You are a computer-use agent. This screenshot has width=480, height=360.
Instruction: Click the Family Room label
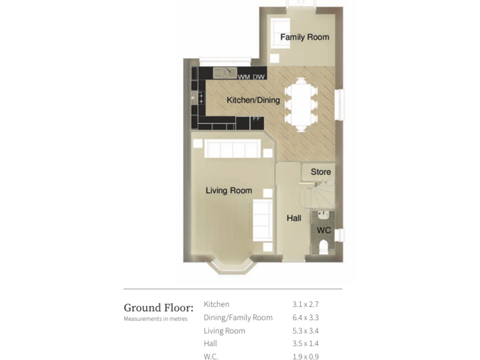(304, 37)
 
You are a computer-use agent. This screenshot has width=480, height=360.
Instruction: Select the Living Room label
(229, 191)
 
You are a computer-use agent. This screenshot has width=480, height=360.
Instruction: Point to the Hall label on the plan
(294, 218)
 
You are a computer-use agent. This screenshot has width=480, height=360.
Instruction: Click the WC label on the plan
(324, 230)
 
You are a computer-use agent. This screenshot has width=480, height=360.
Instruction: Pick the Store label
(321, 172)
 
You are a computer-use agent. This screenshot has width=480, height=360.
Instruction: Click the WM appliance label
(244, 77)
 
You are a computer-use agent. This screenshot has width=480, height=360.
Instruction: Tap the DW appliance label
(259, 77)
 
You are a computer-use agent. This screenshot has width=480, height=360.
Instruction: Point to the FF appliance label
(256, 118)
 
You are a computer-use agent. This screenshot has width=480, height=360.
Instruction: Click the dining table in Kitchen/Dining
(301, 104)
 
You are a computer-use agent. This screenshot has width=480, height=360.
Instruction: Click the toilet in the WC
(323, 247)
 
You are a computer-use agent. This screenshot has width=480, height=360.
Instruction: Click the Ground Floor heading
(159, 307)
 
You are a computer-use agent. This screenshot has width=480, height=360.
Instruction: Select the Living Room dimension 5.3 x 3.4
(306, 331)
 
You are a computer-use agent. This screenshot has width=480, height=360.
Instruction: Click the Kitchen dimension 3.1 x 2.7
(306, 304)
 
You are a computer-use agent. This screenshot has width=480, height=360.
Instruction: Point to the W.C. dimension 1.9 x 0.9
(306, 357)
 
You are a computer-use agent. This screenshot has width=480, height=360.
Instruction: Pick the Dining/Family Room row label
(238, 317)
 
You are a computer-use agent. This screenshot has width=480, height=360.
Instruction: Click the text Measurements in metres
(156, 319)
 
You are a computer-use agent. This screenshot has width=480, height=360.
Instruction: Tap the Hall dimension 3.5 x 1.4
(306, 344)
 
